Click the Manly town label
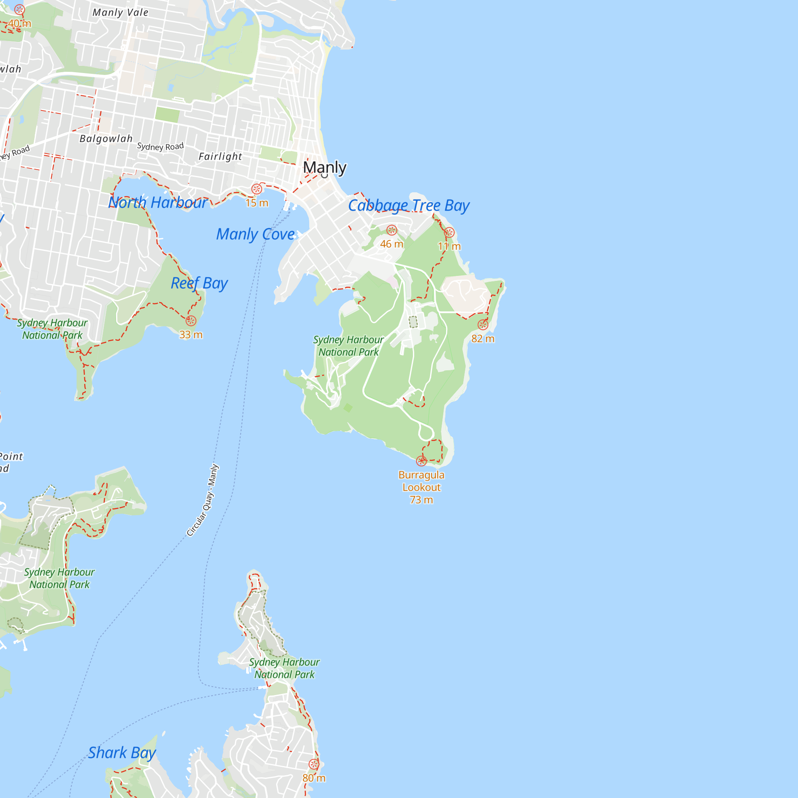pyautogui.click(x=325, y=167)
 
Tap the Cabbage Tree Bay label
pyautogui.click(x=409, y=205)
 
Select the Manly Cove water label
pyautogui.click(x=255, y=234)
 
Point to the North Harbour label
pyautogui.click(x=158, y=202)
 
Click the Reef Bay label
pyautogui.click(x=199, y=283)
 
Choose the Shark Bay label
pyautogui.click(x=122, y=753)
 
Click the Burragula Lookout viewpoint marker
pyautogui.click(x=421, y=460)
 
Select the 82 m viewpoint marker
pyautogui.click(x=483, y=325)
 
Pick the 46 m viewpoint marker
pyautogui.click(x=391, y=231)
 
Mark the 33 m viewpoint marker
pyautogui.click(x=191, y=321)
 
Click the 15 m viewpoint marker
pyautogui.click(x=257, y=189)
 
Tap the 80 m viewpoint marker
pyautogui.click(x=314, y=764)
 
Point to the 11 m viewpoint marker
pyautogui.click(x=449, y=233)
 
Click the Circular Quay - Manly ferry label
pyautogui.click(x=203, y=500)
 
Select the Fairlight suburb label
pyautogui.click(x=220, y=156)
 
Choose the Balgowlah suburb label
pyautogui.click(x=106, y=139)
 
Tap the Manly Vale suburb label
pyautogui.click(x=120, y=13)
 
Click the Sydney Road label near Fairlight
pyautogui.click(x=160, y=146)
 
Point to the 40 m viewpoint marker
pyautogui.click(x=20, y=10)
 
